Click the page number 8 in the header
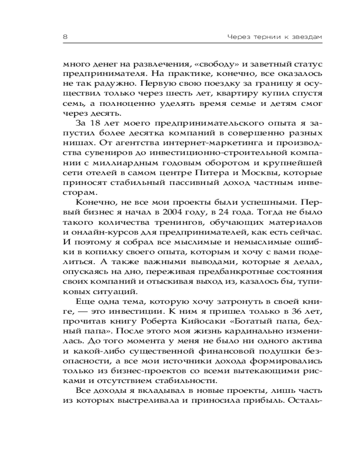pyautogui.click(x=65, y=36)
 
